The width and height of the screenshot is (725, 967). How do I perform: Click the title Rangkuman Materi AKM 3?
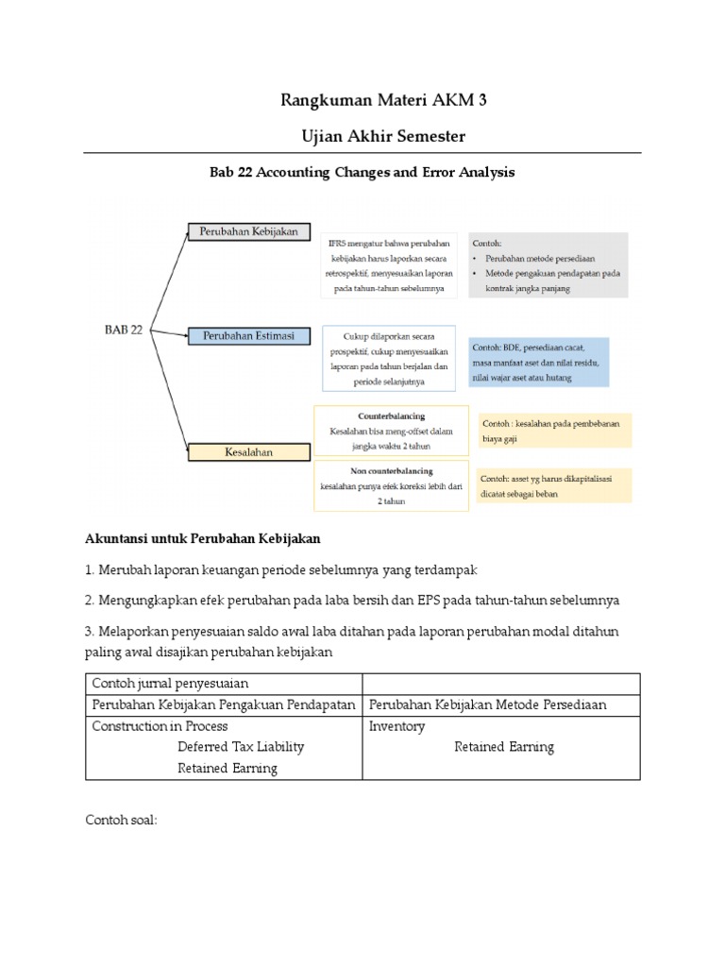point(362,101)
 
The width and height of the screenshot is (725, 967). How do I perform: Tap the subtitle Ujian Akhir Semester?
point(362,137)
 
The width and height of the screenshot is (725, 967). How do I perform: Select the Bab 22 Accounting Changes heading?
point(362,173)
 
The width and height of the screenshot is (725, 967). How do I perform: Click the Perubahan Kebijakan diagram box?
point(248,231)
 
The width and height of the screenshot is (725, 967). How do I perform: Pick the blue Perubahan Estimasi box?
point(248,336)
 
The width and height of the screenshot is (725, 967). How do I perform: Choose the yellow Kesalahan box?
point(248,452)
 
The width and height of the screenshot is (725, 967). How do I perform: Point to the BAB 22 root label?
point(123,330)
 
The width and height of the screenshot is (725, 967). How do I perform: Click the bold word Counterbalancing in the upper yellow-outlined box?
point(391,416)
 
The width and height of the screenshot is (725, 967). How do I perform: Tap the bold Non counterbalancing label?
point(390,470)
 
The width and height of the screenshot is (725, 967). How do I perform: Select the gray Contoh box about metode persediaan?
point(548,265)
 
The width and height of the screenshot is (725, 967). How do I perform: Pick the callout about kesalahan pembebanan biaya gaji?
point(554,431)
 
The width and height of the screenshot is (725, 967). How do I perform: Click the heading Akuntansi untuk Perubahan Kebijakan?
point(204,539)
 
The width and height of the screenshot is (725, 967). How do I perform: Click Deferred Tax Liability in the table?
point(241,747)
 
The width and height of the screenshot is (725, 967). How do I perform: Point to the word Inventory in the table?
point(396,726)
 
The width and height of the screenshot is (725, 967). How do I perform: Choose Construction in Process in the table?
point(160,726)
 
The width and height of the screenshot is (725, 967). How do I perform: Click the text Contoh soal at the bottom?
point(121,821)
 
